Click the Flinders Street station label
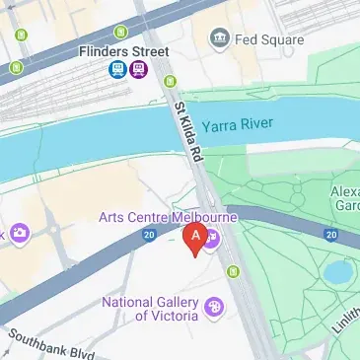click(127, 51)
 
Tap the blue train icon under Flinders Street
click(117, 69)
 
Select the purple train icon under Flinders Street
click(138, 69)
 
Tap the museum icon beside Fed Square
click(219, 38)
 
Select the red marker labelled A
click(196, 238)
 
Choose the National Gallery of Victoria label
click(148, 309)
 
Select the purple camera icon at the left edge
click(18, 234)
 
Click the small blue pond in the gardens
click(338, 271)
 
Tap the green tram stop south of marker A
click(234, 271)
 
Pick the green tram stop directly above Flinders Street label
click(121, 33)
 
